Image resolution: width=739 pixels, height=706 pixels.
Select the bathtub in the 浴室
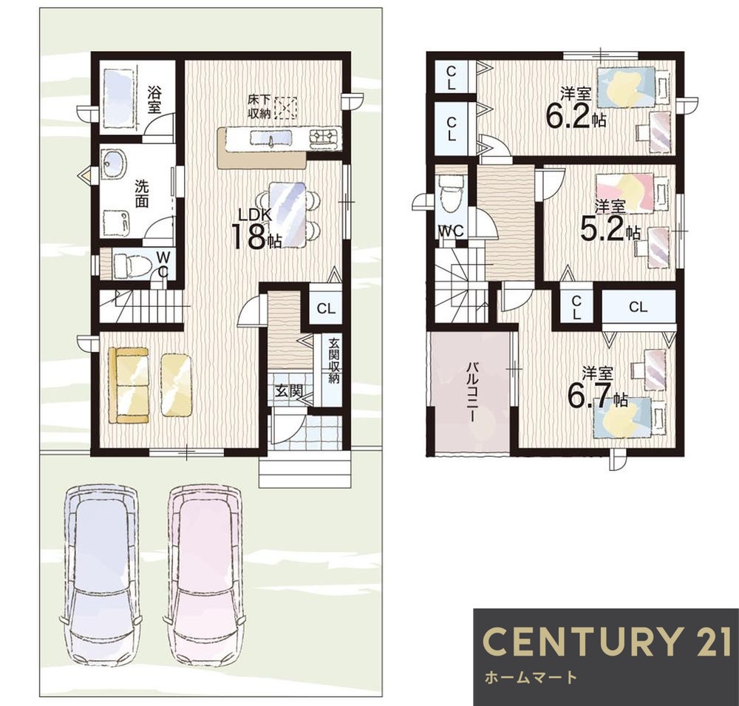point(119,98)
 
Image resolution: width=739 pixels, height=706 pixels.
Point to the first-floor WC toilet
point(129,265)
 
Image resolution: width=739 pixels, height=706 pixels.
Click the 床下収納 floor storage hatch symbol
point(285,108)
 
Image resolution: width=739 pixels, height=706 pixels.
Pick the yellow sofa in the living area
point(128,385)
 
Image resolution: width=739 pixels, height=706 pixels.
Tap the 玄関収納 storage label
point(334,360)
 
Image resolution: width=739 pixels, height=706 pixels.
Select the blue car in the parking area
point(101,575)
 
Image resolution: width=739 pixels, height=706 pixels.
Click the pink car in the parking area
point(204,575)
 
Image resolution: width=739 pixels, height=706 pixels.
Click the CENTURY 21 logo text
point(607,642)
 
